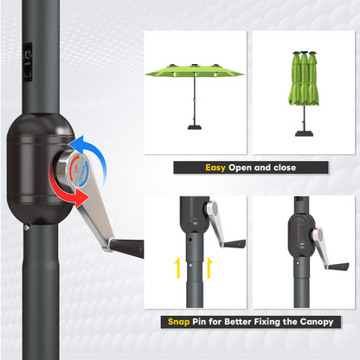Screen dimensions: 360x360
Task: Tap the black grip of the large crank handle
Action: click(126, 248)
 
